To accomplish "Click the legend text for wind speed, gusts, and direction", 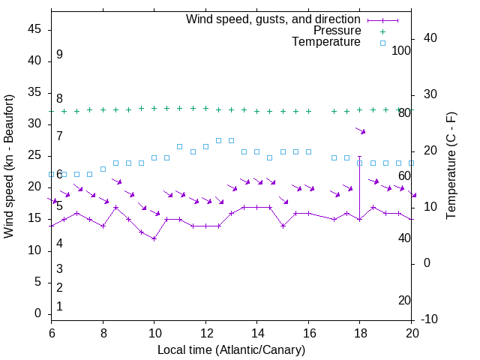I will tap(273, 19).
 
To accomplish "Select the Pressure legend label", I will tap(337, 31).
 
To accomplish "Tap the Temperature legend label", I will tap(326, 42).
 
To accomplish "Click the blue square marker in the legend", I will tap(382, 43).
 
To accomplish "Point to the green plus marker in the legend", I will tap(382, 31).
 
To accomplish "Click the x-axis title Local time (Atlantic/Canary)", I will tap(231, 350).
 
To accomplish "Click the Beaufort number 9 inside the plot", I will tap(59, 55).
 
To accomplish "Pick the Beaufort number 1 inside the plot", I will tap(59, 306).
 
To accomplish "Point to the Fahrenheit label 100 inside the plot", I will tap(401, 50).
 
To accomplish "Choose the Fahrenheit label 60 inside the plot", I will tap(404, 175).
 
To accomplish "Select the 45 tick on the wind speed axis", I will tap(34, 29).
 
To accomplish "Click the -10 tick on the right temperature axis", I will tap(429, 319).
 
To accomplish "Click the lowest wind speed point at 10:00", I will tap(154, 238).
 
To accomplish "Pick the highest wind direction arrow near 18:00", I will tap(361, 131).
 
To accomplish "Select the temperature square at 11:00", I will tap(179, 146).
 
